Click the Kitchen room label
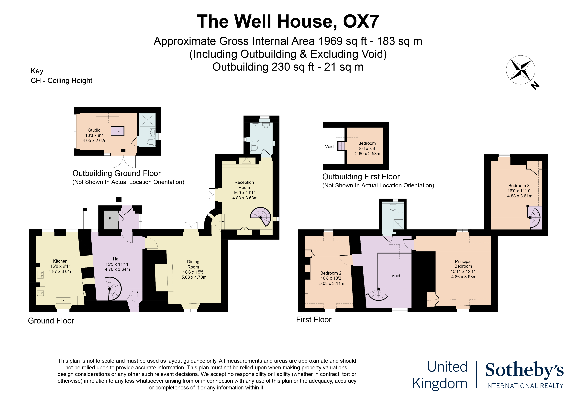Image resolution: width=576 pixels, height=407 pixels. coord(60,266)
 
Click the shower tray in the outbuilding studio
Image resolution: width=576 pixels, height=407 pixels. coord(147,120)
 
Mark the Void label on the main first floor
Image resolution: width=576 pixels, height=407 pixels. coord(396,276)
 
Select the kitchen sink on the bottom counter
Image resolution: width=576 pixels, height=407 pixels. coord(64,300)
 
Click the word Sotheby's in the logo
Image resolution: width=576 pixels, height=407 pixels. coord(524,370)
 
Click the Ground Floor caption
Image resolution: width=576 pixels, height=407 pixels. coord(51,321)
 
